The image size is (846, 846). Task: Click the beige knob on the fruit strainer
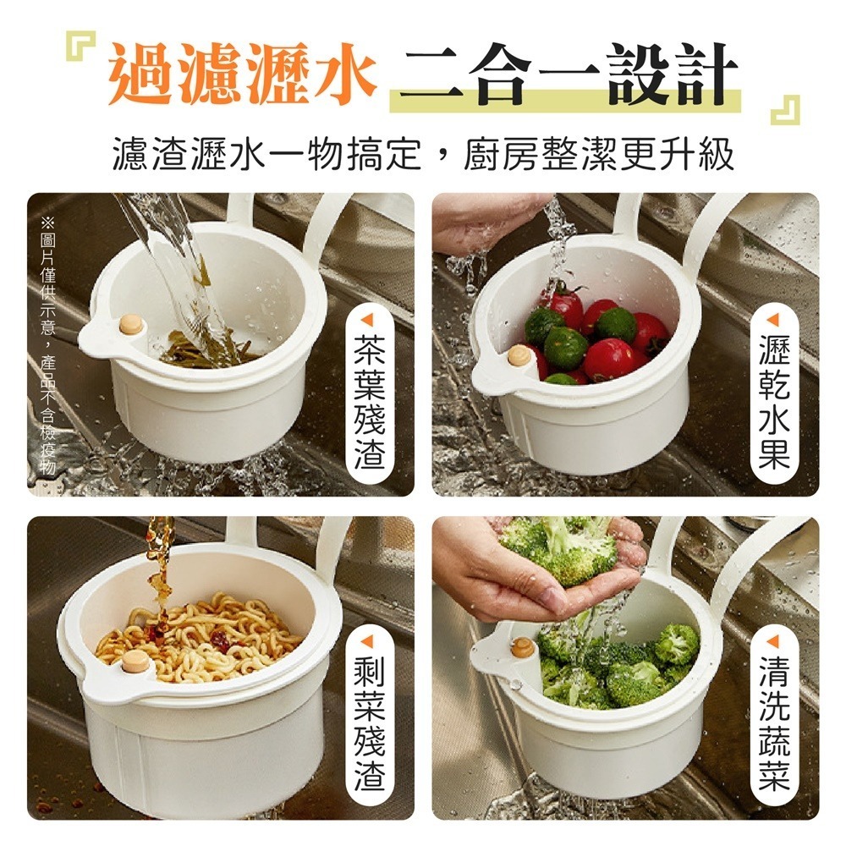(x=519, y=355)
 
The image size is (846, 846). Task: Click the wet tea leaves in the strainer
(x=207, y=348)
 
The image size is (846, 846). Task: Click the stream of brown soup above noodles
(x=158, y=563)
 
